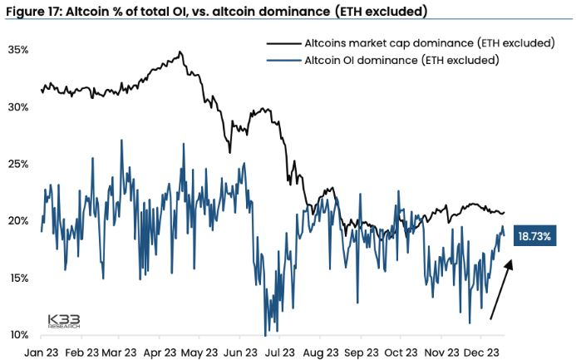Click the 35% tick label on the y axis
19,50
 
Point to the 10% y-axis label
19,335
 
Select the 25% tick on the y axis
19,164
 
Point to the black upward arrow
502,289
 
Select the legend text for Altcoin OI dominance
402,60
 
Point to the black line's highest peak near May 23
180,52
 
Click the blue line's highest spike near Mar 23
122,141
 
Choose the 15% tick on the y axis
19,278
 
